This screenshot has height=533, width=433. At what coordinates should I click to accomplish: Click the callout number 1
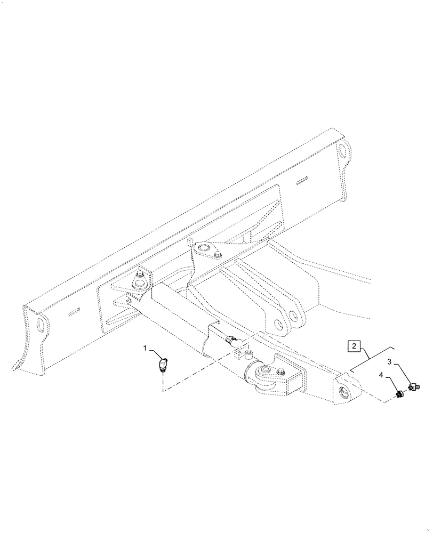point(145,348)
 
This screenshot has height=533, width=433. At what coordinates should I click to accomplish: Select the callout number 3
point(389,362)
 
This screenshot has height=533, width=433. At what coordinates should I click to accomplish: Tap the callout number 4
point(380,376)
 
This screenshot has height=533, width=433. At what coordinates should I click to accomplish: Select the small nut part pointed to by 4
point(398,395)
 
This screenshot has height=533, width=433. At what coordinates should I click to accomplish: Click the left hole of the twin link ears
point(278,322)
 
